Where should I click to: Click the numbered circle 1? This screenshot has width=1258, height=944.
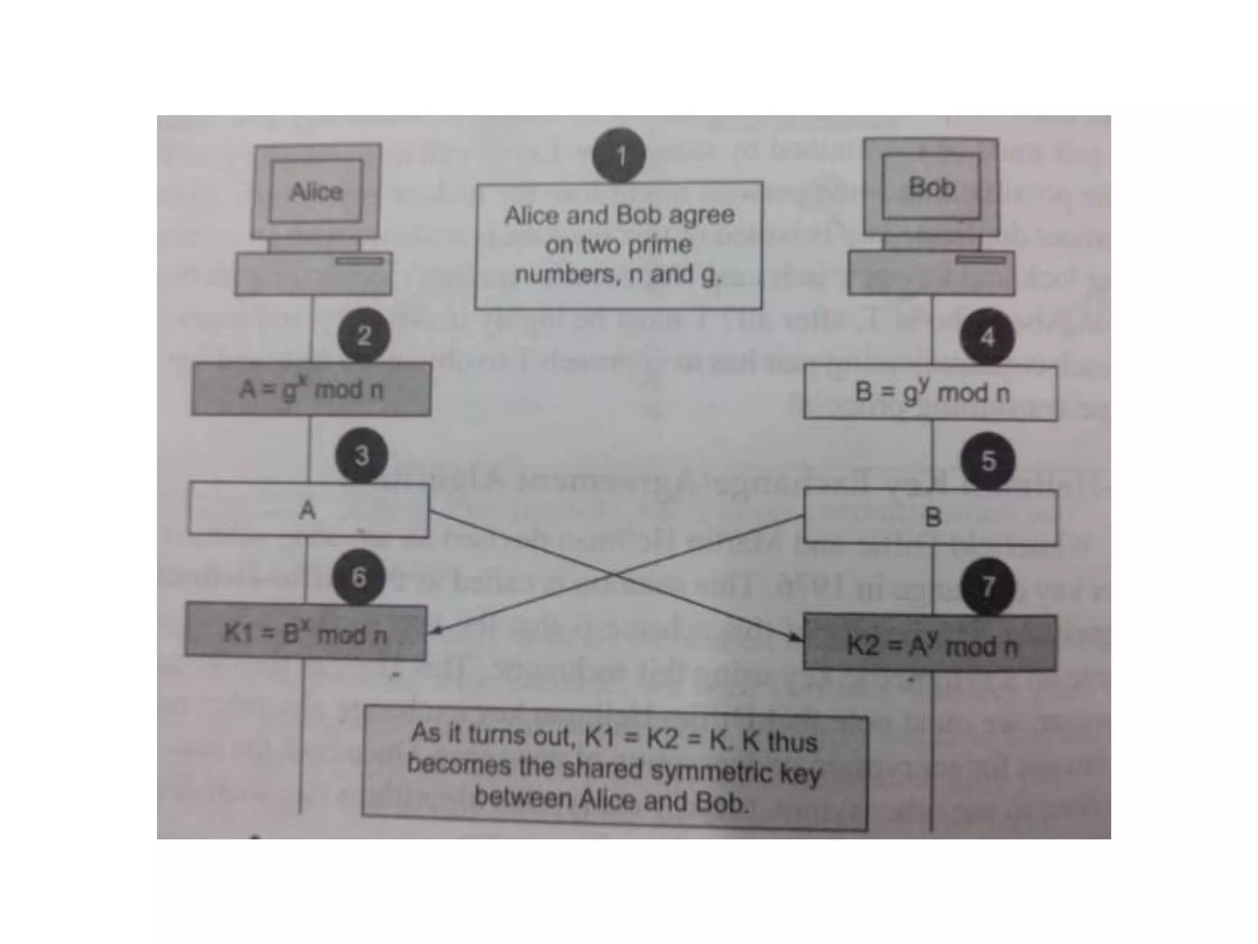pos(619,155)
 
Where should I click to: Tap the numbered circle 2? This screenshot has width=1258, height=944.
pos(364,336)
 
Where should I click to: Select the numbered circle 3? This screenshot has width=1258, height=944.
pos(361,455)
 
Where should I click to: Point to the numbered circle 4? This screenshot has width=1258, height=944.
pos(987,337)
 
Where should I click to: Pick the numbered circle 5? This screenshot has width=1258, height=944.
pos(988,460)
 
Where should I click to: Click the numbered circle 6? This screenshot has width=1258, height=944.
pos(359,576)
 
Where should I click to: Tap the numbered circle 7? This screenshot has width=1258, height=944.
pos(987,586)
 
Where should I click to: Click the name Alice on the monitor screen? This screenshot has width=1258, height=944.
pos(316,192)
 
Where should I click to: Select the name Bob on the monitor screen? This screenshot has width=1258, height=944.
pos(931,187)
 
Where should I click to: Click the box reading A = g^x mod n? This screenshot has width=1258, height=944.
pos(311,389)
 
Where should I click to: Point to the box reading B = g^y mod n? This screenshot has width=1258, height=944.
pos(931,392)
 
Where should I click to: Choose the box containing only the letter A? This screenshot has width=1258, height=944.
pos(308,509)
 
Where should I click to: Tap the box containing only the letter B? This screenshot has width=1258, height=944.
pos(931,517)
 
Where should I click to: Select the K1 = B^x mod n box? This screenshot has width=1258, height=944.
pos(305,632)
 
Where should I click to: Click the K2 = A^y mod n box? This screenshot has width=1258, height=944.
pos(931,644)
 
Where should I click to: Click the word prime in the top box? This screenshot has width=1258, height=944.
pos(660,245)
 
